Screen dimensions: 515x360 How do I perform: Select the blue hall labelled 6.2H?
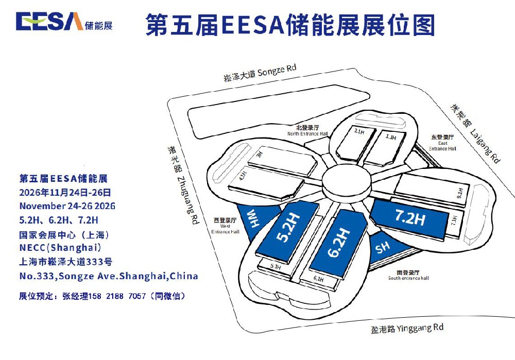(x=337, y=242)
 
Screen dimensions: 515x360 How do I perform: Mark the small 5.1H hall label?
(x=276, y=267)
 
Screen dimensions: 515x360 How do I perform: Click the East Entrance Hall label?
(x=443, y=143)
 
